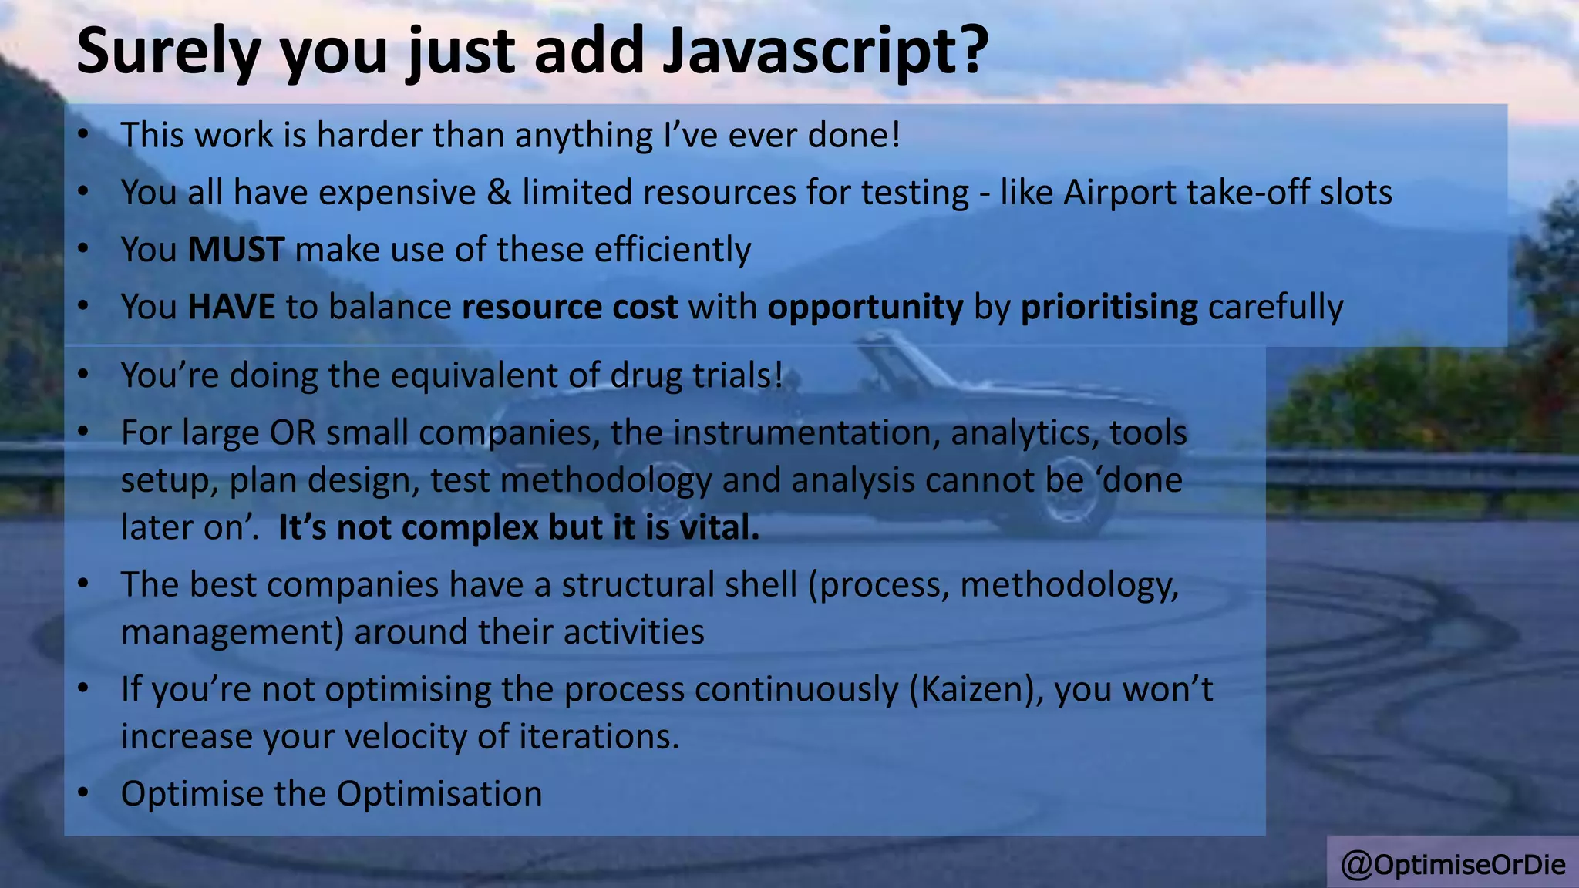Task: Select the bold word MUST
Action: (236, 250)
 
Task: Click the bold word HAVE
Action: (231, 307)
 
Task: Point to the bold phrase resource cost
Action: (569, 307)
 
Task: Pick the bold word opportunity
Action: (865, 307)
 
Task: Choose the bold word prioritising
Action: (1109, 307)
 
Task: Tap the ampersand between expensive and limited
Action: (499, 193)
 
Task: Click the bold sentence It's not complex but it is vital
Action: (518, 528)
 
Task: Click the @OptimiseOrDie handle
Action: (1453, 865)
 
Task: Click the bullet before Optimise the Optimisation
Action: (83, 794)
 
